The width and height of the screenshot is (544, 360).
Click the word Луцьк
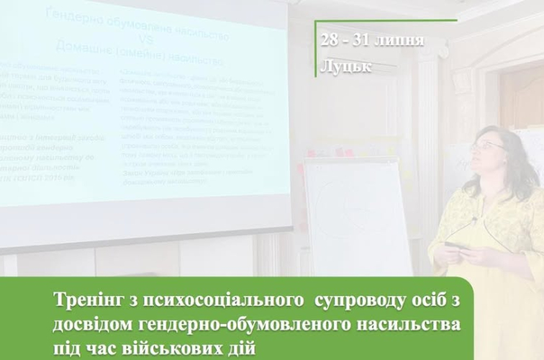pos(347,67)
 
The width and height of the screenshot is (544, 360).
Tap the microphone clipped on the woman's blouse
pos(475,219)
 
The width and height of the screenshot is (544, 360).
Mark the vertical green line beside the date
pos(314,51)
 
